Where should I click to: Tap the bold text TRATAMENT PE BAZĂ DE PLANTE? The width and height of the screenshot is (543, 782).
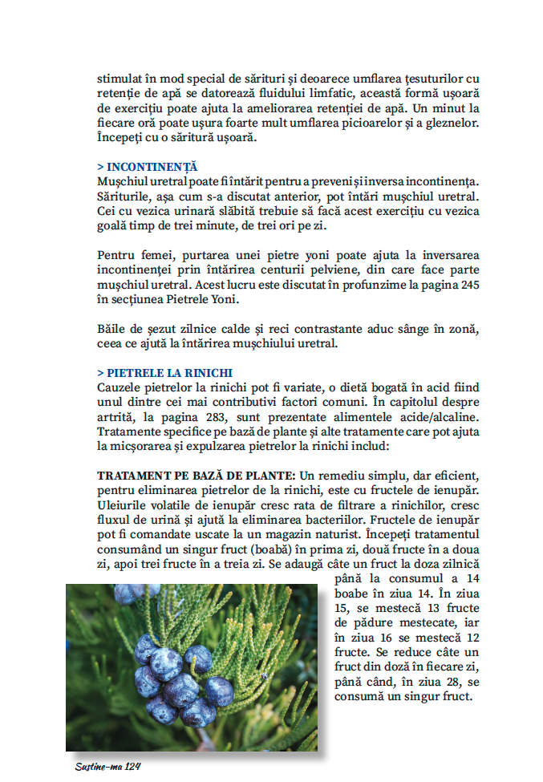pyautogui.click(x=189, y=475)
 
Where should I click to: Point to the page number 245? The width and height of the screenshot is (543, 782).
pyautogui.click(x=469, y=286)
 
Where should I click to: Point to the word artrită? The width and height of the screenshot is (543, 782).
pyautogui.click(x=116, y=417)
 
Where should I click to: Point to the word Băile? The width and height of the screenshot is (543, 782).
pyautogui.click(x=111, y=330)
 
